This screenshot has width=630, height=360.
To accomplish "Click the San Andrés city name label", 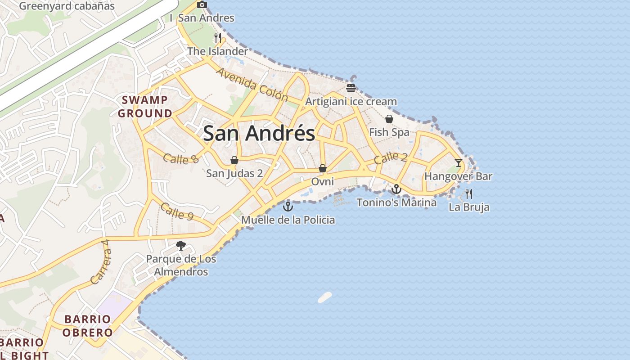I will [x=259, y=134].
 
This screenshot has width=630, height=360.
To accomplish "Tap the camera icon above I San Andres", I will [x=202, y=5].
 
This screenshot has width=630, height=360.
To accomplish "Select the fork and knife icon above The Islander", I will [x=218, y=37].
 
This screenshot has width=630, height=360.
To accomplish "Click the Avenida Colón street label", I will [x=252, y=84].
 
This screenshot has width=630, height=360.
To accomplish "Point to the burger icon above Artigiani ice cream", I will [x=351, y=88].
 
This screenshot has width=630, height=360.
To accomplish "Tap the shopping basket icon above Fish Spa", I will [x=389, y=119].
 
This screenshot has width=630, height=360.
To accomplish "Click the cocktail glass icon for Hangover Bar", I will [x=458, y=162].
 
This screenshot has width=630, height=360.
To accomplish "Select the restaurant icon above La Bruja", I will [x=469, y=194].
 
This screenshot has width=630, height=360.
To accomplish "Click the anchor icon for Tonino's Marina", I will [x=396, y=189].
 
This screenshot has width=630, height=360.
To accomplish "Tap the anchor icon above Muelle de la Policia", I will [x=288, y=207].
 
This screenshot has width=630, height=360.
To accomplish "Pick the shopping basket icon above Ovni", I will [x=322, y=168].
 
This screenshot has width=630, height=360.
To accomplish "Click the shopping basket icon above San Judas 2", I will [x=234, y=160].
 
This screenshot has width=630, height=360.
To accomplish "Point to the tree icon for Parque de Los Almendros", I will [x=181, y=246].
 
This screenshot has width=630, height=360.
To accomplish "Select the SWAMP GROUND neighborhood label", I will [x=145, y=107].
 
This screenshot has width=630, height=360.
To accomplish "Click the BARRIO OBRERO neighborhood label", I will [x=87, y=326].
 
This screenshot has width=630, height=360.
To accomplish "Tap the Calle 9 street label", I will [x=177, y=211].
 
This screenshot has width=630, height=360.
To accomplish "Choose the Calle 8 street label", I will [x=181, y=158].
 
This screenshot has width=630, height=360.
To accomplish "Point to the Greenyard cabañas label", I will [x=67, y=6].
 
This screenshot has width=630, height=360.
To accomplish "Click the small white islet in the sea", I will [x=324, y=297].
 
